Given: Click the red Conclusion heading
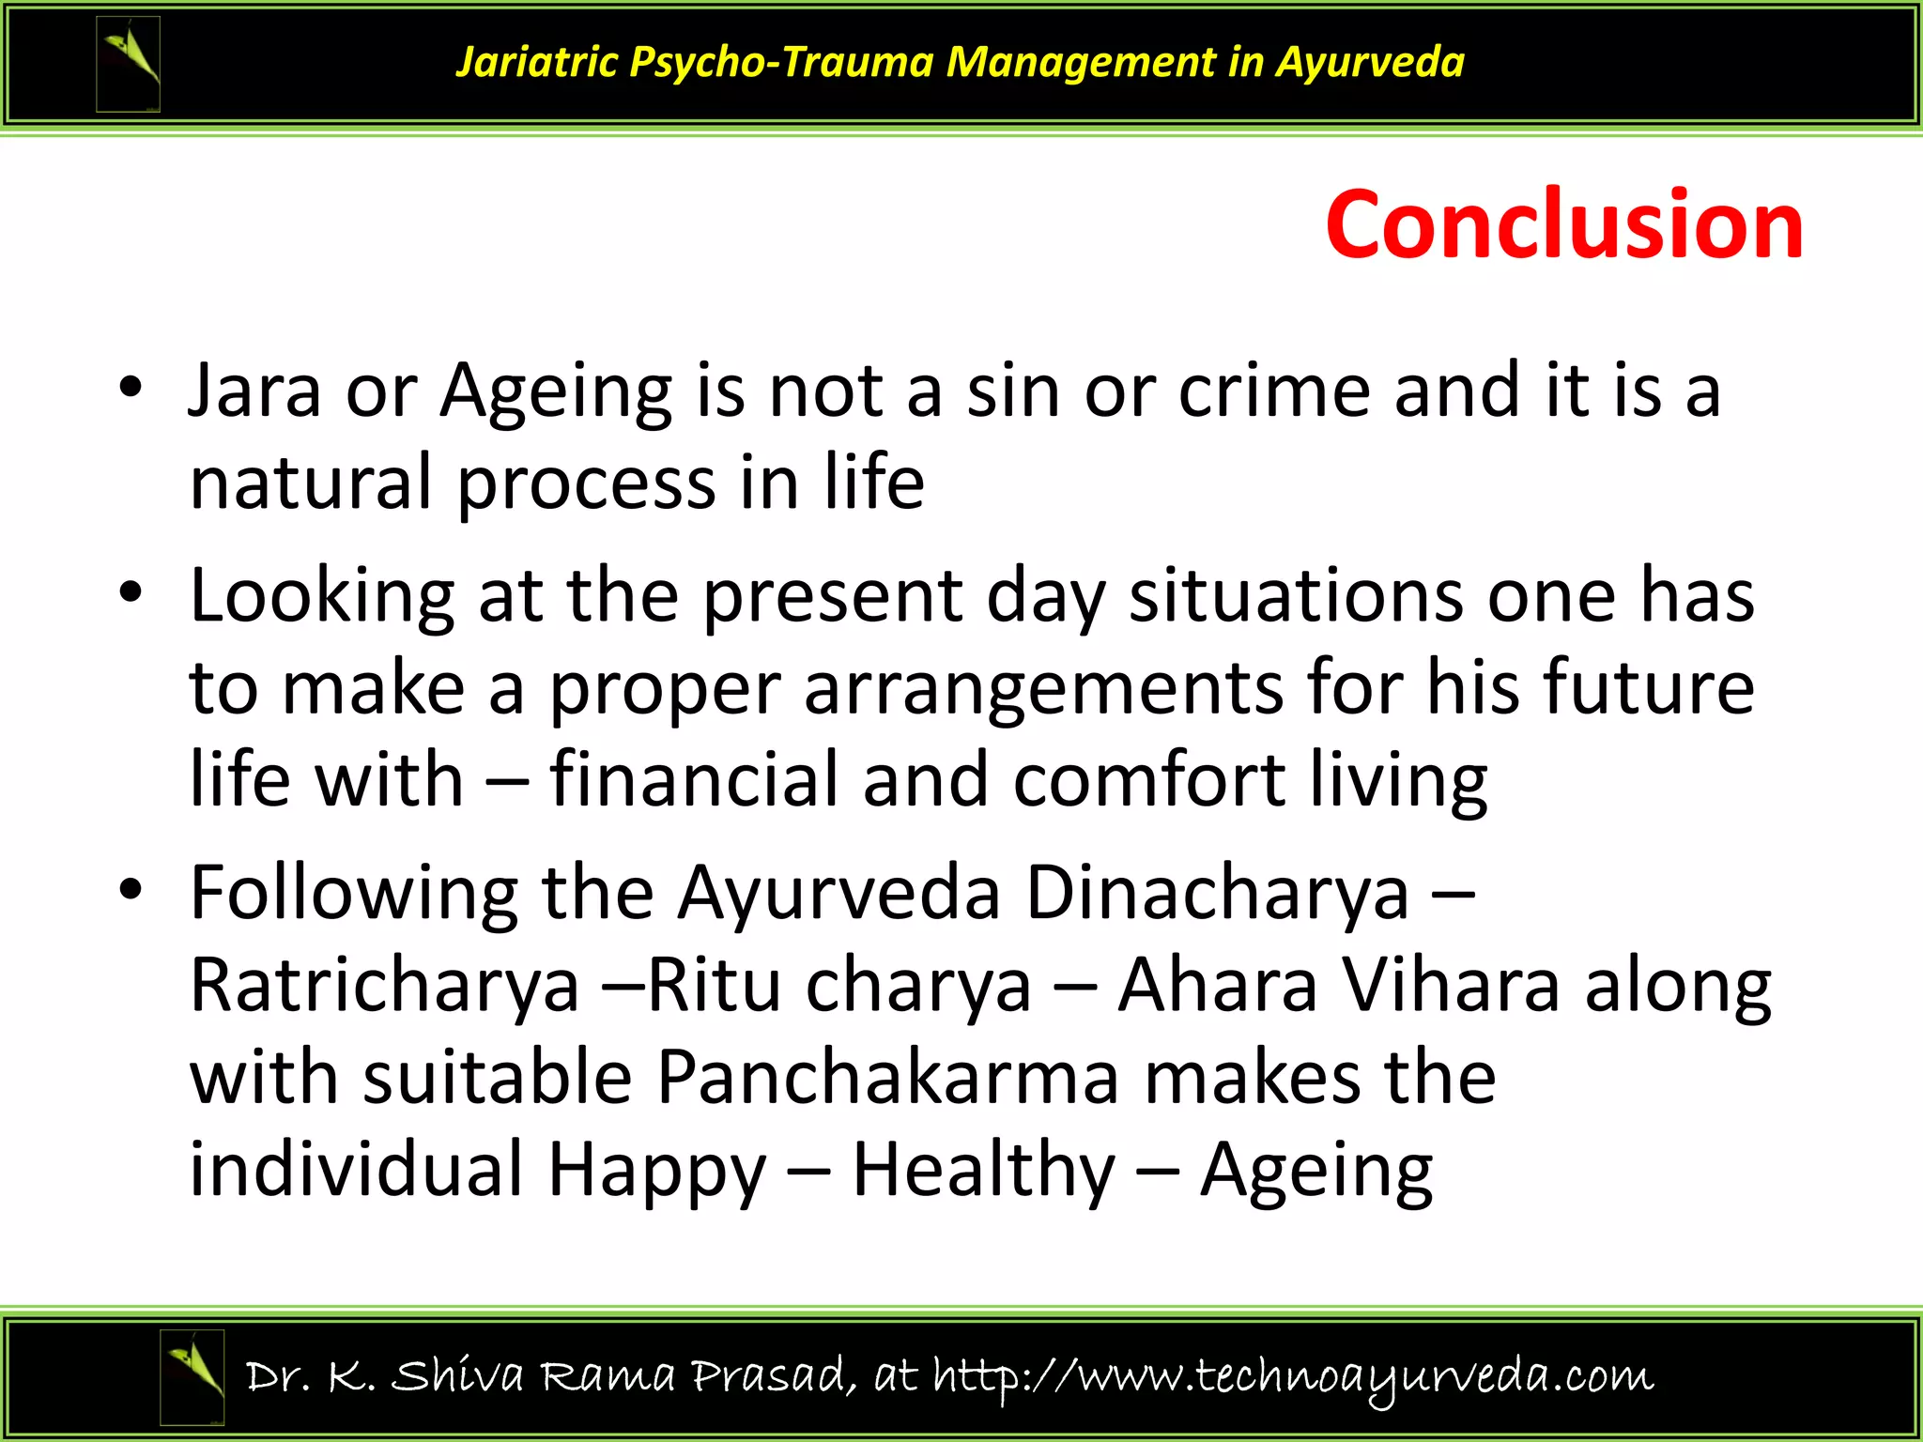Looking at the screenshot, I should coord(1564,225).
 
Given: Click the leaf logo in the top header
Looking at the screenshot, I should coord(129,64).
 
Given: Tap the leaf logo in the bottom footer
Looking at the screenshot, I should coord(192,1376).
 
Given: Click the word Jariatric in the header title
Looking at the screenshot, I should coord(537,63).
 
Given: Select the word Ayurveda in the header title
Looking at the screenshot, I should coord(1370,63).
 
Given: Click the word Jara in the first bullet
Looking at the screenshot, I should coord(254,390).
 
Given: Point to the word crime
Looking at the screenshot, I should coord(1274,390).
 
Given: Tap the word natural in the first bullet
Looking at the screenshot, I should coord(311,482).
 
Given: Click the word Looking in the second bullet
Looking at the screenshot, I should coord(322,597).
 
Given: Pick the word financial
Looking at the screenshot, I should coord(693,780).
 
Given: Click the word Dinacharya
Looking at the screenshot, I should coord(1217,893).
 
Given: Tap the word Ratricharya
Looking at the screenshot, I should coord(385,985).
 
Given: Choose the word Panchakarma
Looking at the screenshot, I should coord(887,1077).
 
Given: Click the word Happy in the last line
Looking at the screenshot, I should coord(657,1171).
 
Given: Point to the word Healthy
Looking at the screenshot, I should coord(983,1169).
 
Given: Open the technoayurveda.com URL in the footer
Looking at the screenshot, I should coord(1293,1377).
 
